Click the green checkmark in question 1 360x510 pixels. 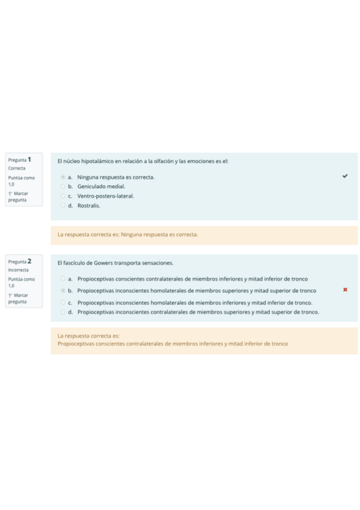click(344, 176)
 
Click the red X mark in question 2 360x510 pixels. click(345, 290)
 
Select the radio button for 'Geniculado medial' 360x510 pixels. click(63, 186)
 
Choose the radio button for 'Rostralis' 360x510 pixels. click(63, 206)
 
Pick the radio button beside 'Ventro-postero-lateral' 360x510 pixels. click(63, 196)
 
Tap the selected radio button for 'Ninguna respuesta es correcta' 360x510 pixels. click(63, 177)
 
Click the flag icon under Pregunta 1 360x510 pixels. click(10, 194)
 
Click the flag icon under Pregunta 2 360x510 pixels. click(10, 295)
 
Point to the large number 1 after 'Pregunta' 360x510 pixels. click(29, 159)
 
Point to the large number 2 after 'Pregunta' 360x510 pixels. click(29, 261)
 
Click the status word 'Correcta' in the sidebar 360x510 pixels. click(17, 168)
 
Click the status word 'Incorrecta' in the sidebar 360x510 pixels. click(18, 270)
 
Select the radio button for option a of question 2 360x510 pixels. click(63, 279)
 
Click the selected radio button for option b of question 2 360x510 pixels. click(63, 290)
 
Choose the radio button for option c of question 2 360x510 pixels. click(63, 303)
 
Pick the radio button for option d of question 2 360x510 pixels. click(63, 312)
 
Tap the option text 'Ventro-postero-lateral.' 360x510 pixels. click(106, 196)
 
